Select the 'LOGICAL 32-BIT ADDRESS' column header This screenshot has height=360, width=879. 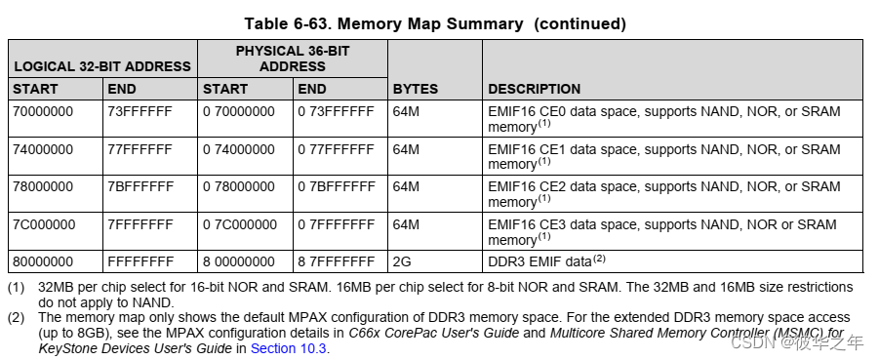101,66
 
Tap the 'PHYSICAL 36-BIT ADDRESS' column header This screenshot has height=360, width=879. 293,58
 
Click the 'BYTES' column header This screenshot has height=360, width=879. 416,89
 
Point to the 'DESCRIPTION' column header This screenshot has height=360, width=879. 534,89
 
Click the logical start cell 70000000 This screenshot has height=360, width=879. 44,112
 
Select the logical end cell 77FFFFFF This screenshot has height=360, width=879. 140,149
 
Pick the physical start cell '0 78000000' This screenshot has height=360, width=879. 239,186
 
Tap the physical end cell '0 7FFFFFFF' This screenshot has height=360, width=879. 336,224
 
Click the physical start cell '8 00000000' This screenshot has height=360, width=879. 239,261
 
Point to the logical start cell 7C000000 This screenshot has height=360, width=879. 44,224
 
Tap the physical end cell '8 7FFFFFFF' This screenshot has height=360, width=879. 336,261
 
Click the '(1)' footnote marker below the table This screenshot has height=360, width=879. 17,288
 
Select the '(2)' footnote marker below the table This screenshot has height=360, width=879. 17,318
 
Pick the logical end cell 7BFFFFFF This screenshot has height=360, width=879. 140,186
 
